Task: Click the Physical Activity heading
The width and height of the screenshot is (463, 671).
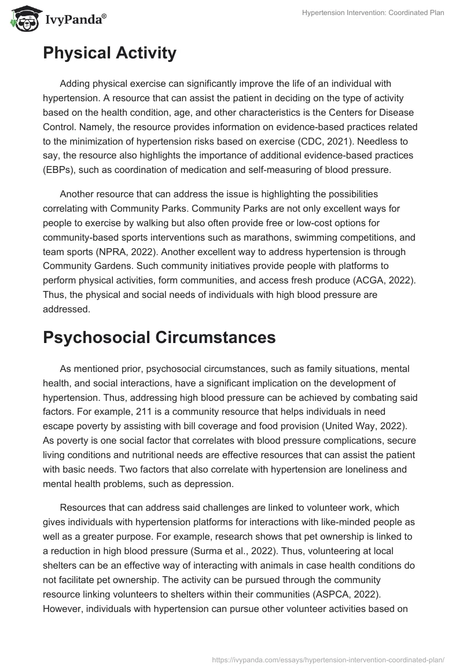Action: pos(109,53)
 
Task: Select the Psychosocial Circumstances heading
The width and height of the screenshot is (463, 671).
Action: pos(159,337)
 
